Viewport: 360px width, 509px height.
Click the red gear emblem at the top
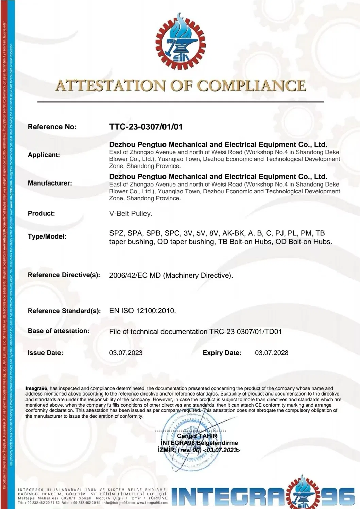coord(180,41)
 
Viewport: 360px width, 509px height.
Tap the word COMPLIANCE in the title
coord(252,86)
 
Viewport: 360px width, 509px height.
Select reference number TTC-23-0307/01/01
coord(146,127)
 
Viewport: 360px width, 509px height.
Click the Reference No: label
coord(52,127)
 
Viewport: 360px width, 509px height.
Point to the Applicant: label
coord(44,155)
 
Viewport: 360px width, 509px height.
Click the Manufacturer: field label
coord(50,183)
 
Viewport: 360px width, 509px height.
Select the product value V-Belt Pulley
coord(131,214)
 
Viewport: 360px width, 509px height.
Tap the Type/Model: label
coord(47,236)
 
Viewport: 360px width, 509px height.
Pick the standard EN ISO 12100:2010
coord(142,311)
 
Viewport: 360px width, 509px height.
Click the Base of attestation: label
coord(58,331)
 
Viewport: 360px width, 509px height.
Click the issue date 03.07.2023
coord(126,353)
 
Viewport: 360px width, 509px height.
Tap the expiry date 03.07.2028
coord(271,353)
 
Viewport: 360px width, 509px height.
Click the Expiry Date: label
coord(222,353)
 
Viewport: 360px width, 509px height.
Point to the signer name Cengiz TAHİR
coord(197,436)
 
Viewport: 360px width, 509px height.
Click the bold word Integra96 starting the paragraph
coord(36,388)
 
